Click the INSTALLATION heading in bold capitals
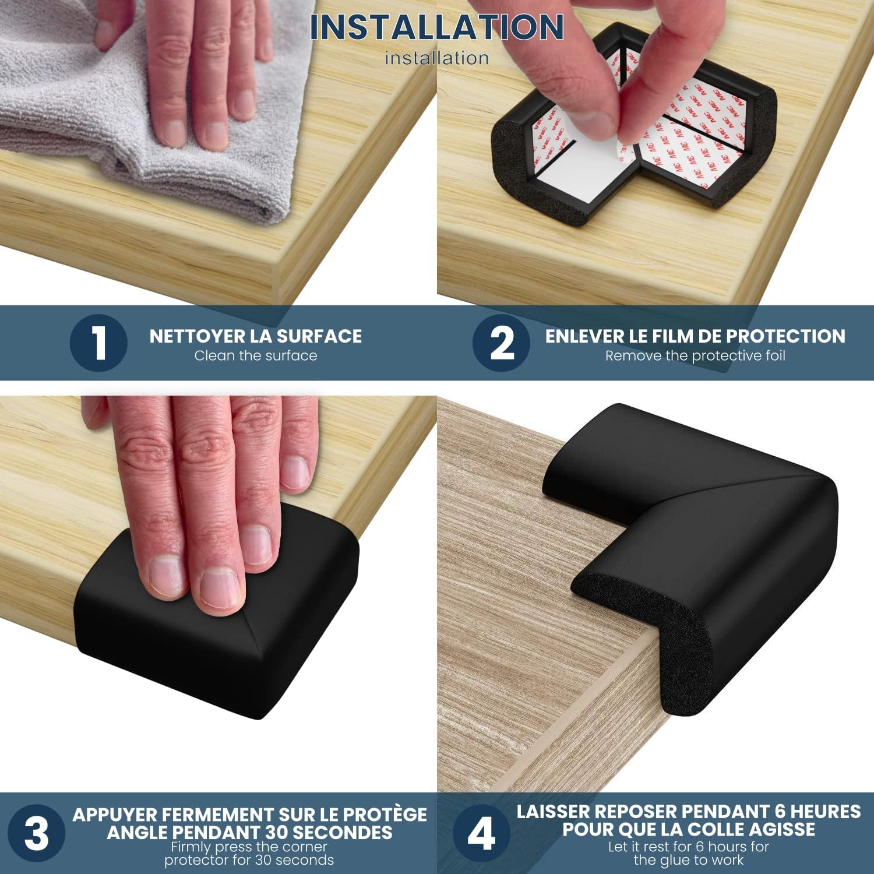[x=436, y=27]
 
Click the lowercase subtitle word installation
[x=436, y=58]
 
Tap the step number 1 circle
[x=98, y=343]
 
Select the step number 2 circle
[x=501, y=343]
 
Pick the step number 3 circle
[x=36, y=833]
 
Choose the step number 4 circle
[x=481, y=833]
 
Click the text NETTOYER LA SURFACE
[x=255, y=336]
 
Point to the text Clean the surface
[x=255, y=356]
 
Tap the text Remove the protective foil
[x=695, y=356]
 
